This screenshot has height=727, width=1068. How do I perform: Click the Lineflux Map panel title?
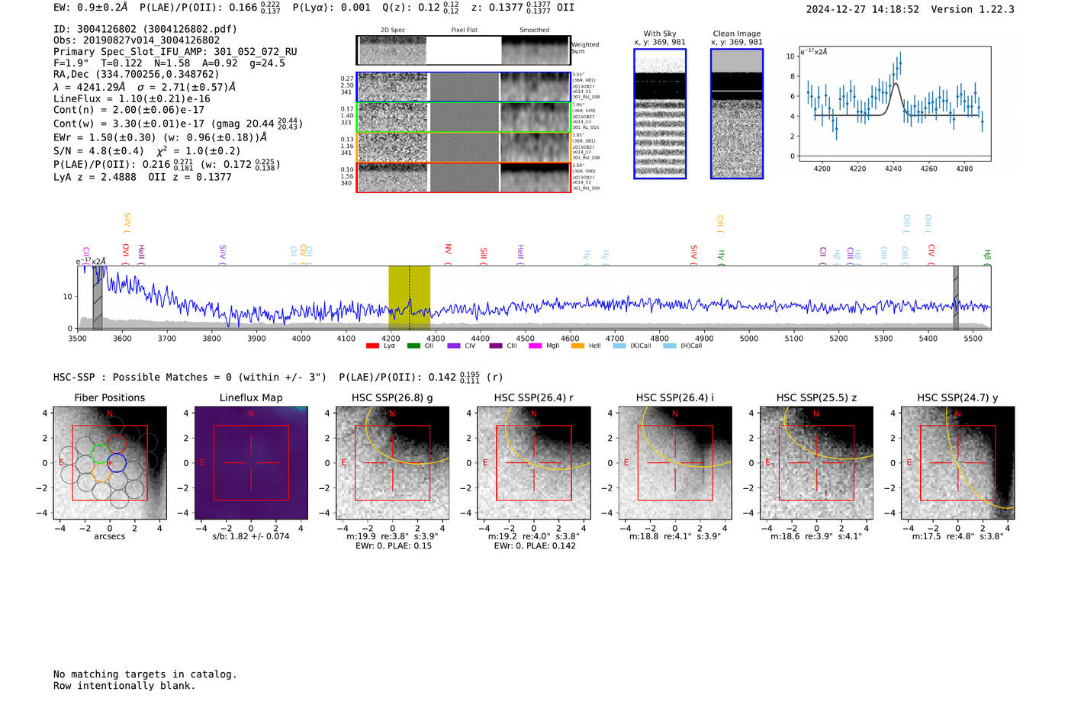[250, 397]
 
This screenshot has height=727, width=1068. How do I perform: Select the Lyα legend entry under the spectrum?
[381, 346]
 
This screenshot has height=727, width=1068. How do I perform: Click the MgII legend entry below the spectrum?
[545, 346]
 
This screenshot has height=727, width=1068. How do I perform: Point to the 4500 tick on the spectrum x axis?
[525, 338]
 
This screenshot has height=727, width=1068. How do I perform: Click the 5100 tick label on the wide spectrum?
[793, 338]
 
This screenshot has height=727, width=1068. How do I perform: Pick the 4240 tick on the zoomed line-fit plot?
[893, 168]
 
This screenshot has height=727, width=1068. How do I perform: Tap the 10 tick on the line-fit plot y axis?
[790, 56]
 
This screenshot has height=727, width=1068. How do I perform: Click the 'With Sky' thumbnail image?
[660, 114]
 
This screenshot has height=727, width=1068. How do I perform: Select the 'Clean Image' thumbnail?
[737, 114]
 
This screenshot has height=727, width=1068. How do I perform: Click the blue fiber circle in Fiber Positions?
[116, 462]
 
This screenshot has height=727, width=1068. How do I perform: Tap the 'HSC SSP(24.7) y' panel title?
[957, 397]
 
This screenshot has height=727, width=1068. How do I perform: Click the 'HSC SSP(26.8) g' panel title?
[392, 397]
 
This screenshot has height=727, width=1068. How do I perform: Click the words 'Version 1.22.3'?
[973, 10]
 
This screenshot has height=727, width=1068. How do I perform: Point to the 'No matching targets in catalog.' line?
[145, 674]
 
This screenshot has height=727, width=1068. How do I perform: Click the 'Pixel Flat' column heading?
[464, 31]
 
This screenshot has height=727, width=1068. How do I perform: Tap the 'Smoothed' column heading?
[534, 31]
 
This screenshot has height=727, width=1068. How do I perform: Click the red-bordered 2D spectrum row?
[464, 177]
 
